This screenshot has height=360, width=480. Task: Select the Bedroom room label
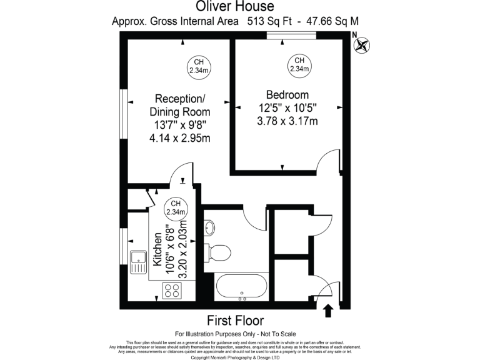tap(287, 94)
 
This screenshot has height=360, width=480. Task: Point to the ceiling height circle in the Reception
tap(198, 66)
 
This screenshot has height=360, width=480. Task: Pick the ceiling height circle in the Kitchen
tap(176, 208)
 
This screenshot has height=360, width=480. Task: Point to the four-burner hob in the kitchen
tap(172, 290)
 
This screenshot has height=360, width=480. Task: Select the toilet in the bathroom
tap(218, 252)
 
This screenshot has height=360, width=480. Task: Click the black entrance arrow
tap(328, 309)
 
